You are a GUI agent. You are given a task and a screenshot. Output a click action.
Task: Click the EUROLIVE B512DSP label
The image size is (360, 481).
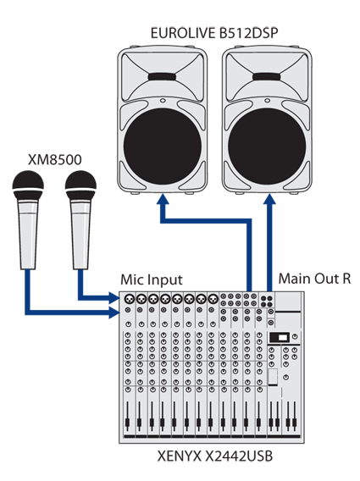214,33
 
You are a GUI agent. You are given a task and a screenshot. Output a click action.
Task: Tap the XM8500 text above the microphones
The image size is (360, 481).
55,160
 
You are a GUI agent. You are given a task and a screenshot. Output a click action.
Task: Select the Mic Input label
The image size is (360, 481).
152,279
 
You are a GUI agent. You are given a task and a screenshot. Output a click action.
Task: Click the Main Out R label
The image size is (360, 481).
314,279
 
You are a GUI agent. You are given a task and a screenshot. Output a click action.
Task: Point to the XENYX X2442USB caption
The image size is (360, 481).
215,456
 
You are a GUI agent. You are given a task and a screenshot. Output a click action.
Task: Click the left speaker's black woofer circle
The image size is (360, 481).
163,147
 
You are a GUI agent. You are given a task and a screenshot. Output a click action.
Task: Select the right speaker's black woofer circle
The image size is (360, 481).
267,147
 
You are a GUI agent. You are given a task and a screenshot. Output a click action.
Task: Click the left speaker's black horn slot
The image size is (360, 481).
163,77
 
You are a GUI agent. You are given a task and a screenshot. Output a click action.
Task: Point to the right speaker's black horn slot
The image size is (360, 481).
267,77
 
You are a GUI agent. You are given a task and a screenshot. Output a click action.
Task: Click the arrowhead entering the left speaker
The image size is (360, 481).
163,199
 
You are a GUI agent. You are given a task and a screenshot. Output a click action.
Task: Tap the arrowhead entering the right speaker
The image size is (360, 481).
269,199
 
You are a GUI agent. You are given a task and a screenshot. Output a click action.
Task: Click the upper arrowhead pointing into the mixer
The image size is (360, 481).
114,297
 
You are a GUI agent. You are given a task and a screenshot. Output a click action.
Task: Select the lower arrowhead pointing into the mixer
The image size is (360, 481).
114,312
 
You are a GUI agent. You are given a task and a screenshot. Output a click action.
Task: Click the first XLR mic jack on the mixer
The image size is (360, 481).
130,298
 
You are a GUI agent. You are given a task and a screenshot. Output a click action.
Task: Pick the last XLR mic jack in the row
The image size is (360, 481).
213,298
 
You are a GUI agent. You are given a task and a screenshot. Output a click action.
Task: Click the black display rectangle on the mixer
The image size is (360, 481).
279,338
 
